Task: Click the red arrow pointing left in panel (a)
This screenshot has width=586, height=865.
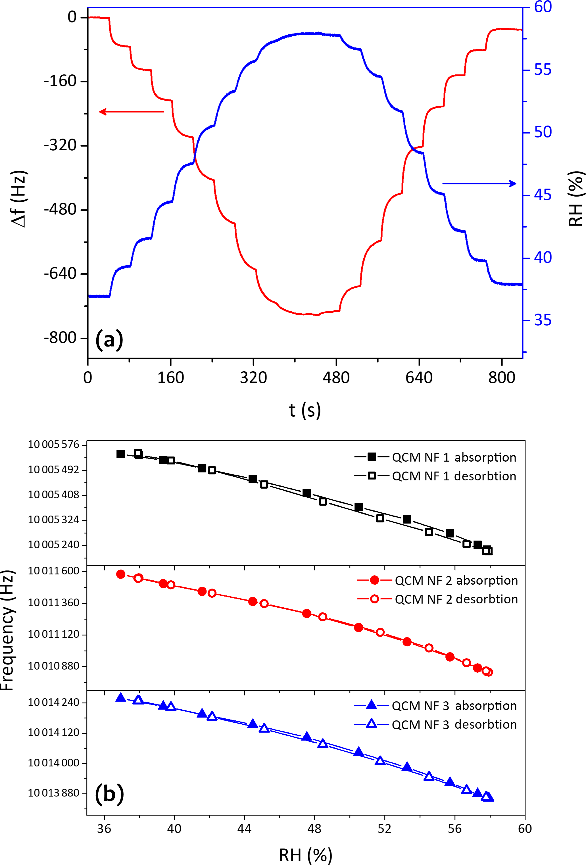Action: (131, 112)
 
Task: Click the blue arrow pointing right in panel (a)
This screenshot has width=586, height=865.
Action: (479, 184)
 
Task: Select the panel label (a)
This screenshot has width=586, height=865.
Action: (109, 339)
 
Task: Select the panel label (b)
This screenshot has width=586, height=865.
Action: (109, 793)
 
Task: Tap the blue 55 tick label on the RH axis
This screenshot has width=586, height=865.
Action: (543, 70)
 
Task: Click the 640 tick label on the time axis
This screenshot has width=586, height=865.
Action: (419, 378)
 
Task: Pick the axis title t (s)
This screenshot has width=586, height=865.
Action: (305, 410)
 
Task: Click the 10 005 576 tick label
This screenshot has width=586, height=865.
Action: (54, 444)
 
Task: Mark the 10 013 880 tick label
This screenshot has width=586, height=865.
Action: (54, 793)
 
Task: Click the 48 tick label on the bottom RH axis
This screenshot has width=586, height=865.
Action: (314, 829)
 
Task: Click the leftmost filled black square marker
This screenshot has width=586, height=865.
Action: (120, 454)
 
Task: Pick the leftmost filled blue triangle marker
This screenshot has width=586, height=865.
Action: (120, 697)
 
